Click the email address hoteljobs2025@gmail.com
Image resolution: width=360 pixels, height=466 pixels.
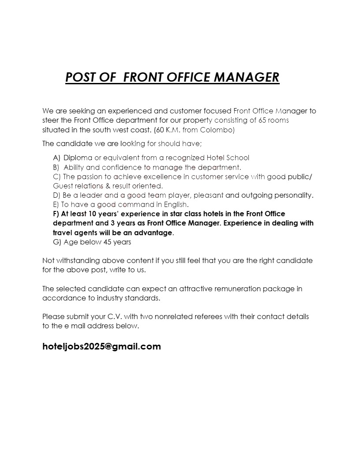pyautogui.click(x=101, y=346)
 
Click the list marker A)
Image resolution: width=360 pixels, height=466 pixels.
pyautogui.click(x=57, y=158)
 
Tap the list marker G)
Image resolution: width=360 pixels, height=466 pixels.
pyautogui.click(x=57, y=242)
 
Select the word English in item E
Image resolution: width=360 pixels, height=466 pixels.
pyautogui.click(x=175, y=205)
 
